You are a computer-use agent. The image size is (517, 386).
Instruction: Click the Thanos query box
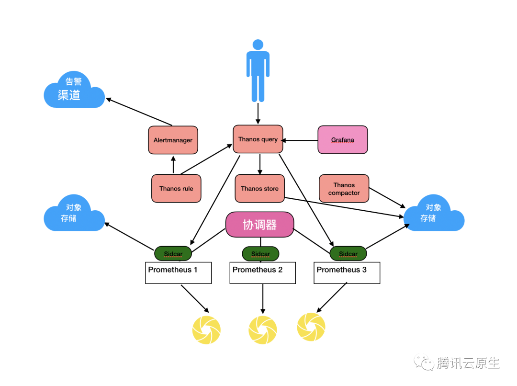coord(258,139)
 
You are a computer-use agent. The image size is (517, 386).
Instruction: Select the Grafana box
coord(343,140)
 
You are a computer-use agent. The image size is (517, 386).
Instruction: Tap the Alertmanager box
coord(173,140)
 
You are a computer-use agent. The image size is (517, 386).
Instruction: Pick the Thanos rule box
coord(176,189)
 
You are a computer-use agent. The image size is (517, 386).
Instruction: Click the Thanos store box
coord(259,189)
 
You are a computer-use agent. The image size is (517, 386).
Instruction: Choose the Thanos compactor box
coord(344,189)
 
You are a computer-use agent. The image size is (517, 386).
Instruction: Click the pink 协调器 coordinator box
coord(259,225)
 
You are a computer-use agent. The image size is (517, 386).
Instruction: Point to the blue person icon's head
coord(258,45)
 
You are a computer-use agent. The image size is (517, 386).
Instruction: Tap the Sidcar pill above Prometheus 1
coord(173,253)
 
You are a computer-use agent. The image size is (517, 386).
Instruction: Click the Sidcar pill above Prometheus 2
coord(260,253)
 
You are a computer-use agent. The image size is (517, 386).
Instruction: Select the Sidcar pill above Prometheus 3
coord(348,253)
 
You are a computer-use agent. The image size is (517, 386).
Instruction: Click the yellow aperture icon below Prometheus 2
coord(263,329)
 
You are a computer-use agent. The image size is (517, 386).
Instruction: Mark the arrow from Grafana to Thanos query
coord(301,140)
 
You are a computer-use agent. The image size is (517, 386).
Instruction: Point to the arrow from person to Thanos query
coord(258,114)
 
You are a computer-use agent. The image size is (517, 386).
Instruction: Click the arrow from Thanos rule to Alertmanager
coord(173,164)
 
